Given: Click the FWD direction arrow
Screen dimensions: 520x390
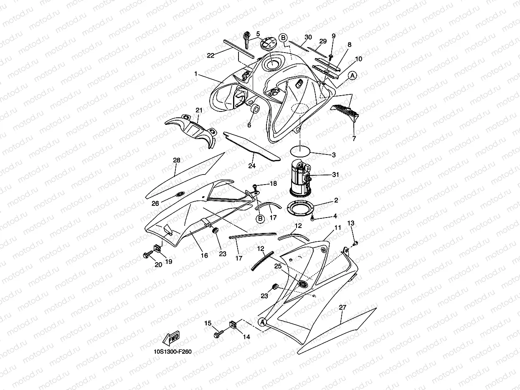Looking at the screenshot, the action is pyautogui.click(x=171, y=338).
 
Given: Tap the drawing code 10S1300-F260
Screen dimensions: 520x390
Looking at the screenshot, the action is pyautogui.click(x=172, y=352).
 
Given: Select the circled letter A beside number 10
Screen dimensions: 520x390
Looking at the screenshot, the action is pyautogui.click(x=352, y=76).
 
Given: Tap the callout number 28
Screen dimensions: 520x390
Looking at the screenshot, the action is pyautogui.click(x=177, y=160).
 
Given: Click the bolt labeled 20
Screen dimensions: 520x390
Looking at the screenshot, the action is pyautogui.click(x=147, y=255).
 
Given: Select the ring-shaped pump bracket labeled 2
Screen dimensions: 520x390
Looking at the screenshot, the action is pyautogui.click(x=300, y=207).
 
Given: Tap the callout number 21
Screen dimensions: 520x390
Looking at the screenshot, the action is pyautogui.click(x=199, y=110).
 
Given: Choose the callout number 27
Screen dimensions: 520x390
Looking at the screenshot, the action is pyautogui.click(x=342, y=308).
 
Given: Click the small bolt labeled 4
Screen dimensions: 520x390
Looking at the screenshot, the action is pyautogui.click(x=312, y=218).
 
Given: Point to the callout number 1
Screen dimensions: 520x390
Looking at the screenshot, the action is pyautogui.click(x=196, y=74).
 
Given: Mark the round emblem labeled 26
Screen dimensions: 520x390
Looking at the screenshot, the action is pyautogui.click(x=180, y=194).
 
